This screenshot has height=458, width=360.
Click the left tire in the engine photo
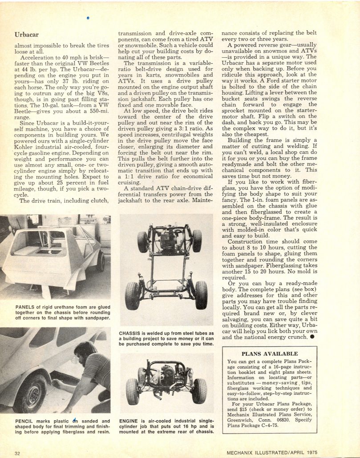132,391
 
